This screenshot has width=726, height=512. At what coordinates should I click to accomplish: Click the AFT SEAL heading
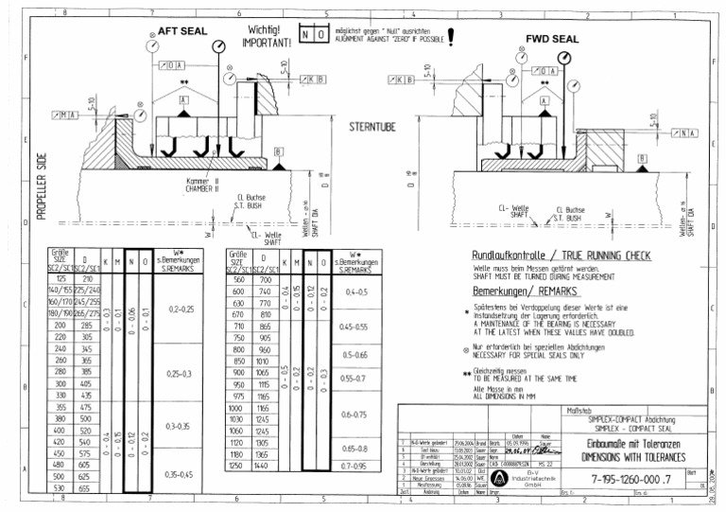[182, 31]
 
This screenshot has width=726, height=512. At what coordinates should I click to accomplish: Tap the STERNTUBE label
[372, 126]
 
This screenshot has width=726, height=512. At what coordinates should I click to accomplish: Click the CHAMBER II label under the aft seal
[202, 188]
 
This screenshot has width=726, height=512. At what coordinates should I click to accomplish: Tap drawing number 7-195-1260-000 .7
[616, 481]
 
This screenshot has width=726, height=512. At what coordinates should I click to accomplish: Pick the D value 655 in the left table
[87, 488]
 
